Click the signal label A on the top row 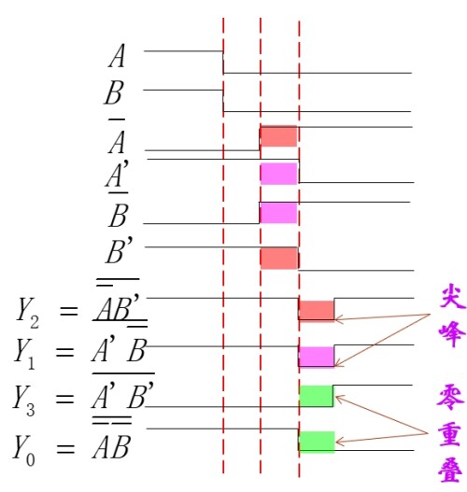click(x=117, y=57)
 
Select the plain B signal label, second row click(x=116, y=94)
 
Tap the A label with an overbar click(x=117, y=141)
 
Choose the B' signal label click(x=120, y=253)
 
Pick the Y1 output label click(x=26, y=352)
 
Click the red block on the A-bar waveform click(x=278, y=136)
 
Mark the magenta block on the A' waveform click(x=278, y=174)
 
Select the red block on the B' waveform click(x=278, y=258)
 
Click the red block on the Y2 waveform click(x=316, y=310)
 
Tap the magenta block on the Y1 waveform click(x=316, y=356)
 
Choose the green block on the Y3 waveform click(x=316, y=395)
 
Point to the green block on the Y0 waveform click(x=316, y=441)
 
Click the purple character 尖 click(x=452, y=298)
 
